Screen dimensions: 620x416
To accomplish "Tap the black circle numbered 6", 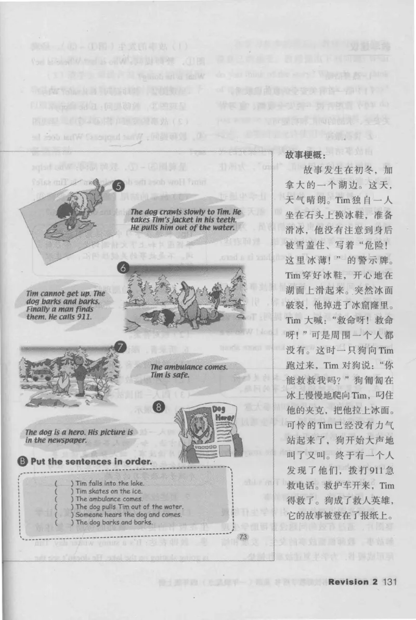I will point(123,268).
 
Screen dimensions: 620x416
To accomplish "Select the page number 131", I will point(390,582).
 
